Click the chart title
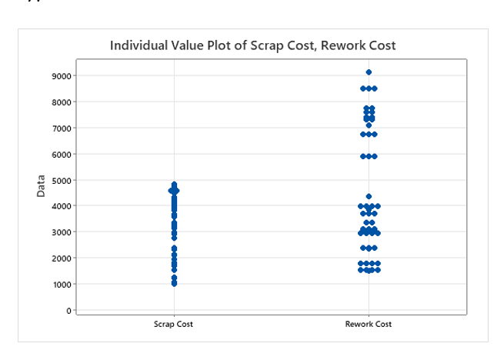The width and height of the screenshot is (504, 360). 252,45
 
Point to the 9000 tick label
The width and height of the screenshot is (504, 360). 61,75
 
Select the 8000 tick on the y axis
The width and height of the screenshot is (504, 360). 61,102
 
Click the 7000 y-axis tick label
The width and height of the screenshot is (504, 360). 61,128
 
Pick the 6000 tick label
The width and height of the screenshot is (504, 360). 61,154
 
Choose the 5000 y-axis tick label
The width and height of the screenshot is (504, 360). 61,180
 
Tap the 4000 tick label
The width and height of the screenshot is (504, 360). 61,206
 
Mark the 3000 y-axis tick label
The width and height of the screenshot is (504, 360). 61,232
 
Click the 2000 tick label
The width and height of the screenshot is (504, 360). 61,258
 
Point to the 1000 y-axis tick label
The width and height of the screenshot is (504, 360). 61,284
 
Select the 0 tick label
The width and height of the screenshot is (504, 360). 68,310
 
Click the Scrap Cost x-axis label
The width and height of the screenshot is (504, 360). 173,324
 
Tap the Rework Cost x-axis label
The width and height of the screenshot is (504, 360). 369,324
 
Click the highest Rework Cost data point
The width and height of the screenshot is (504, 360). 369,72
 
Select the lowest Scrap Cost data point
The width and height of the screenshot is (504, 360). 174,284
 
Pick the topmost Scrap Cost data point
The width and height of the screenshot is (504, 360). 174,185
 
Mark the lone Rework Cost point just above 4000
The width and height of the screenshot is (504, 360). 369,197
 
